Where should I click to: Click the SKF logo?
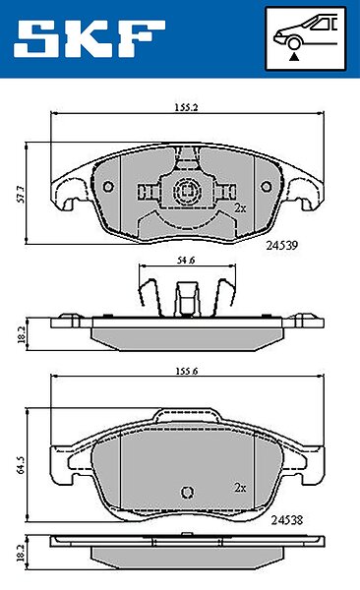(x=90, y=38)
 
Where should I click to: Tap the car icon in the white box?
(x=305, y=32)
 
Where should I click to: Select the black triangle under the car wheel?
(x=294, y=57)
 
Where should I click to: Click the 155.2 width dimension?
(x=187, y=107)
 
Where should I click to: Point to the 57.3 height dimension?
(x=22, y=194)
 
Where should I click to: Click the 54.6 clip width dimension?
(x=186, y=260)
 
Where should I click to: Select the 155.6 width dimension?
(x=187, y=371)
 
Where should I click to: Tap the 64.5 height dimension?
(x=22, y=465)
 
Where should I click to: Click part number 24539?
(x=282, y=245)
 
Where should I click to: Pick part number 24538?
(x=287, y=520)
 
